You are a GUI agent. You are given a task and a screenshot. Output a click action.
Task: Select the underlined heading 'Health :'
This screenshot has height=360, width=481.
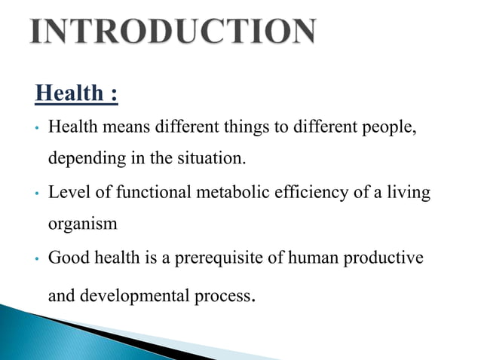(76, 95)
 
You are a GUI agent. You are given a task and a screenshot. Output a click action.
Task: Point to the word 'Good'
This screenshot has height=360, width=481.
(66, 258)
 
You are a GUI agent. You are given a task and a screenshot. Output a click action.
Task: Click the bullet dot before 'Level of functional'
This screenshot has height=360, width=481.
(35, 194)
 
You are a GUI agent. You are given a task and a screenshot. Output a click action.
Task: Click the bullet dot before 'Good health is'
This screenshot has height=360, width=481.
(35, 259)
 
